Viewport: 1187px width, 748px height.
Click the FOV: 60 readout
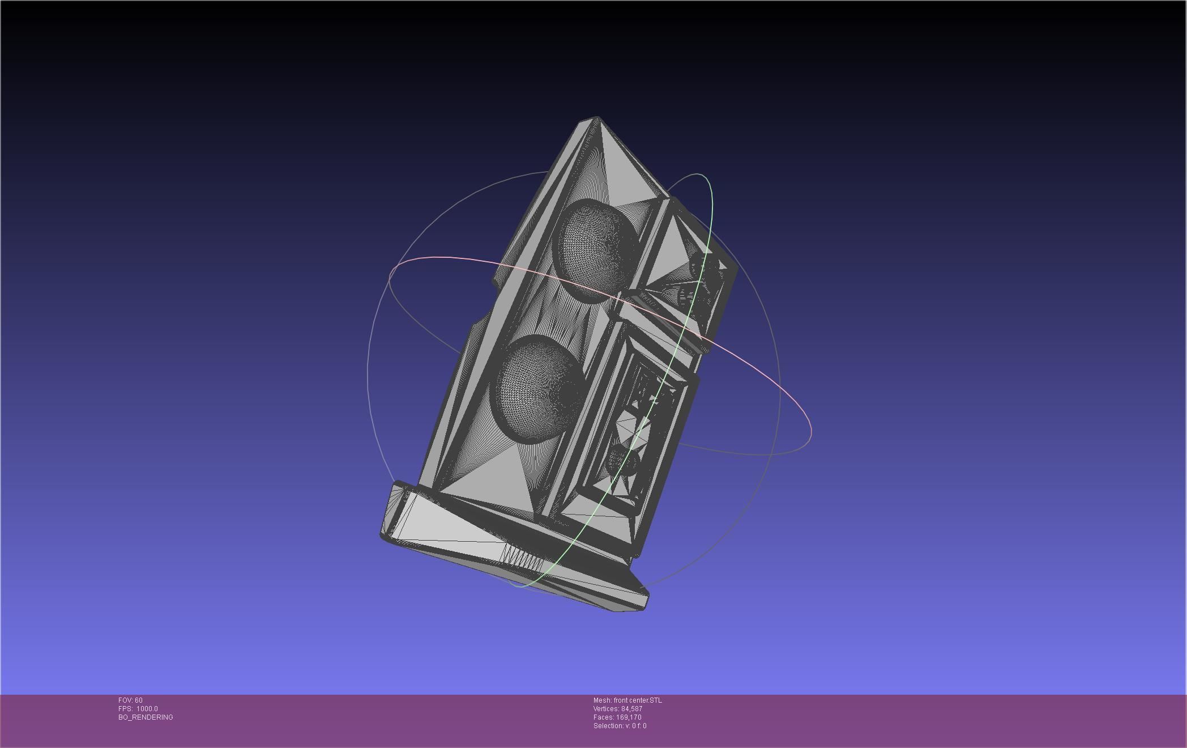[x=130, y=700]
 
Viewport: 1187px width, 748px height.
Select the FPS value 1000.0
[x=147, y=709]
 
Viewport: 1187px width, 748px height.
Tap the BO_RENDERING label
[x=146, y=717]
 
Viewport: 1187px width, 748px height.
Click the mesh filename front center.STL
[x=637, y=700]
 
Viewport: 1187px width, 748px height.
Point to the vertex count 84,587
[x=631, y=709]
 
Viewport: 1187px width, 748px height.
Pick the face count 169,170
[x=629, y=717]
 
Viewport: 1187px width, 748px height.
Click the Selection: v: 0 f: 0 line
[x=620, y=726]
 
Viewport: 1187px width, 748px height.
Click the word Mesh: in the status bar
[x=602, y=700]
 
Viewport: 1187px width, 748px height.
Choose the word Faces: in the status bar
[x=603, y=717]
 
